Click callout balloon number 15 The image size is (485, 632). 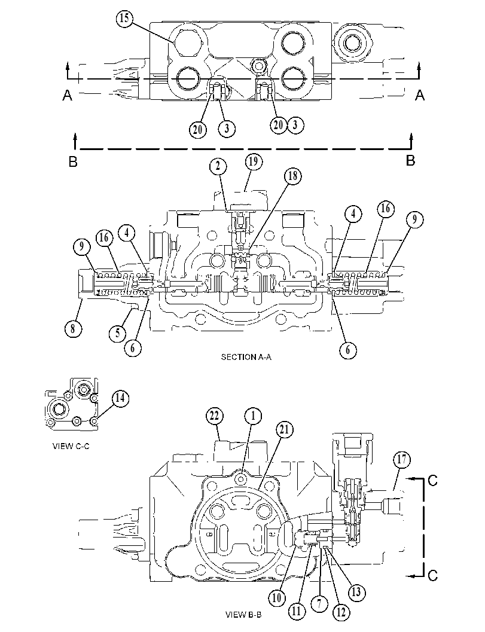point(124,19)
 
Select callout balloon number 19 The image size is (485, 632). point(254,161)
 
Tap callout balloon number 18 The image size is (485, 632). point(292,176)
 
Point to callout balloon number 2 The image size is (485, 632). point(218,166)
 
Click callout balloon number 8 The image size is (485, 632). point(72,328)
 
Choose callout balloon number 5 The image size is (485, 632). point(118,333)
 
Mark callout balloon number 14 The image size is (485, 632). point(120,398)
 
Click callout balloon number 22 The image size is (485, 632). point(215,416)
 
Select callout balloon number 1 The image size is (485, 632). point(253,416)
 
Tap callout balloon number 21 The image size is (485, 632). point(285,429)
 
